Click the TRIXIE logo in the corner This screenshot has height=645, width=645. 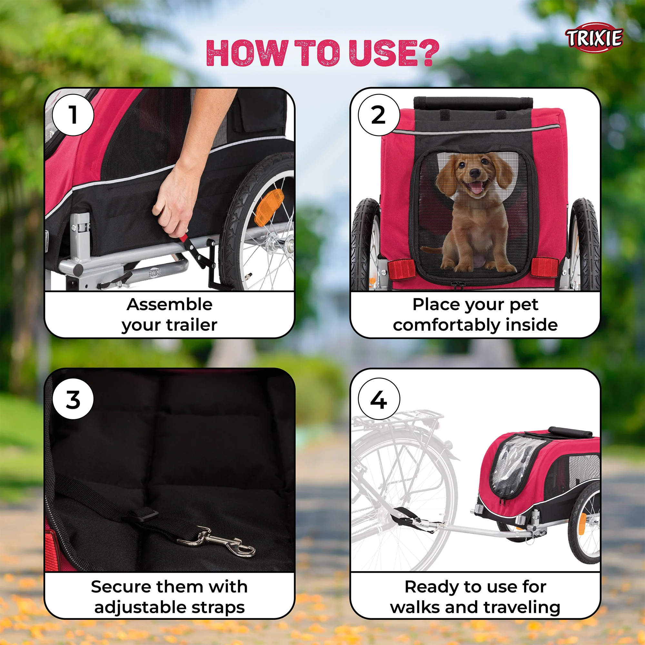594,38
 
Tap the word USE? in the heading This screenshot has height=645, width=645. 394,53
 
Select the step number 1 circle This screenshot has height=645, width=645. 73,115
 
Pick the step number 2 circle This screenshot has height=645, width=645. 379,115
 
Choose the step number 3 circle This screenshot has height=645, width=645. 73,399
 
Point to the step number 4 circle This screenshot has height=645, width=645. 379,399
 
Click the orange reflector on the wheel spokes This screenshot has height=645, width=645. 269,207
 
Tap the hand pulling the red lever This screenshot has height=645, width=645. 176,200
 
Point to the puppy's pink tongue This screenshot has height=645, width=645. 476,188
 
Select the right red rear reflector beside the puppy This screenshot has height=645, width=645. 544,267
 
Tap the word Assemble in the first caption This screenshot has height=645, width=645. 169,304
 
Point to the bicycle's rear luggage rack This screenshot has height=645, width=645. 397,419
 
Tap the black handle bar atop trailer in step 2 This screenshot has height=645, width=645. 473,103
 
